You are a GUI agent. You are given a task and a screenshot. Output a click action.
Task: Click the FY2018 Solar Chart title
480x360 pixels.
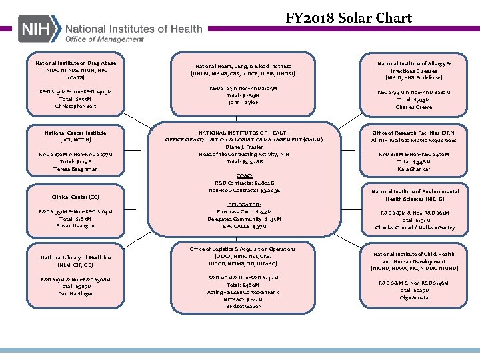(x=349, y=17)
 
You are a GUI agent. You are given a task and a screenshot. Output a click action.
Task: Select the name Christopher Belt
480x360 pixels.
(x=75, y=107)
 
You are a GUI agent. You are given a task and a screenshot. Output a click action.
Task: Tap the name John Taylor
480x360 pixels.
(x=243, y=103)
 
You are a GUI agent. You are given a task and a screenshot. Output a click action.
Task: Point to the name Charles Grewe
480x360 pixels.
(x=414, y=107)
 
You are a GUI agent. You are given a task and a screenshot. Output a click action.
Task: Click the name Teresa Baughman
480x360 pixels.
(x=75, y=169)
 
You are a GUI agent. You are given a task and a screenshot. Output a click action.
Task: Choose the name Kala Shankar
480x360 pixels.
(x=414, y=169)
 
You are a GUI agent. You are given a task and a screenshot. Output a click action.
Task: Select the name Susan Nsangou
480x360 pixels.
(x=75, y=226)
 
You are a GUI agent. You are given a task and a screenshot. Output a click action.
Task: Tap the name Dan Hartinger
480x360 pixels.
(x=75, y=293)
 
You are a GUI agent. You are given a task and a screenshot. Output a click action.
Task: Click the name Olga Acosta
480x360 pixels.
(x=414, y=297)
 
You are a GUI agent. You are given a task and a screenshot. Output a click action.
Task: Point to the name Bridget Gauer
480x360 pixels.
(x=243, y=307)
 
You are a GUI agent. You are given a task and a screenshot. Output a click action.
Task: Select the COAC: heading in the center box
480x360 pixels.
(x=243, y=175)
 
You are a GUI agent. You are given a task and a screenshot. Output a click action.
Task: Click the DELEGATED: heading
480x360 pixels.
(x=244, y=204)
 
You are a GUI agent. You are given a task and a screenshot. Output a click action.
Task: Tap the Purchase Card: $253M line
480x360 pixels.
(x=244, y=211)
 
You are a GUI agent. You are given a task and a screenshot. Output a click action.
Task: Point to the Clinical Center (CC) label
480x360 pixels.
(x=75, y=197)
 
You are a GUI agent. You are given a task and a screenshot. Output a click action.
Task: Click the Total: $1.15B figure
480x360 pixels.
(x=75, y=161)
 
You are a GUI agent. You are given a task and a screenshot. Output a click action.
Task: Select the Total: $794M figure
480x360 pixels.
(x=414, y=99)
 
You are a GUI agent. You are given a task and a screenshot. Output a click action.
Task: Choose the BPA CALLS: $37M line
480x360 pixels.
(x=244, y=226)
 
